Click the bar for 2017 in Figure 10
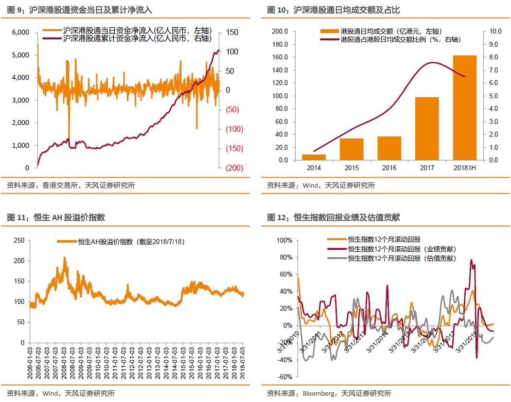tap(427, 128)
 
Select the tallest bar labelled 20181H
tap(465, 107)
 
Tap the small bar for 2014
tap(314, 157)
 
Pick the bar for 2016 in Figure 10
tap(389, 148)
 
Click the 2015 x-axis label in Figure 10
tap(352, 168)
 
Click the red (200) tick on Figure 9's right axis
tap(235, 168)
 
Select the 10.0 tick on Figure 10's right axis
tap(494, 31)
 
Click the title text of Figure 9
tap(80, 10)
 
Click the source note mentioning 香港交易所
tap(71, 185)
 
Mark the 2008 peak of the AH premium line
tap(65, 258)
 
